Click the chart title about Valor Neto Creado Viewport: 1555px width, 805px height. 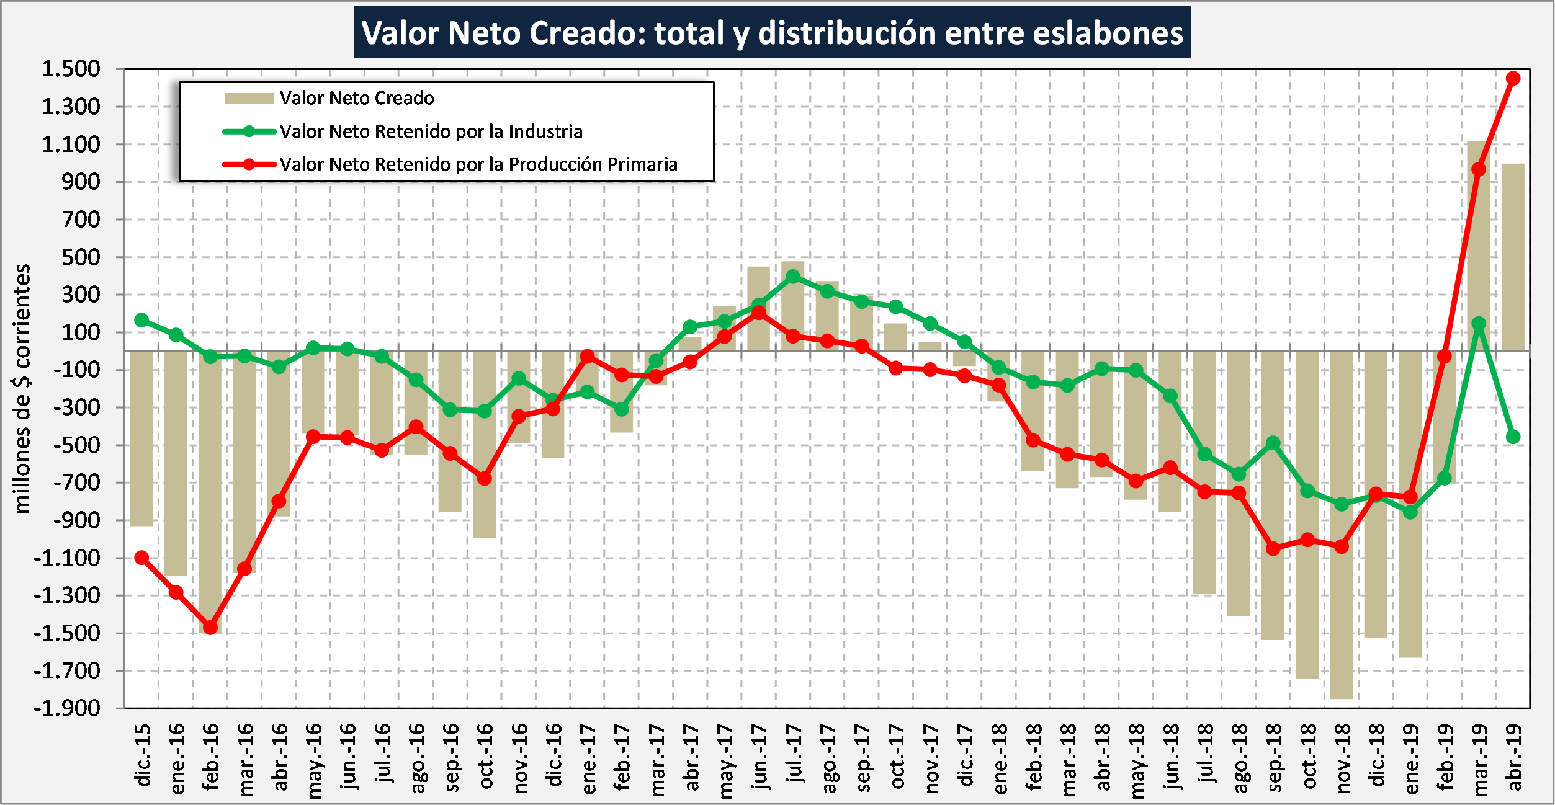coord(772,32)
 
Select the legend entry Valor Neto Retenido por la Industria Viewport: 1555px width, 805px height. coord(431,131)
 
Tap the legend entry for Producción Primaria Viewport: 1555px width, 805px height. coord(478,164)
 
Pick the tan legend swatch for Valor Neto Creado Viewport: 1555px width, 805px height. coord(249,98)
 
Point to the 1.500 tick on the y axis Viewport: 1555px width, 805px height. coord(71,69)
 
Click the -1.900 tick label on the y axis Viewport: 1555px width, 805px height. coord(66,708)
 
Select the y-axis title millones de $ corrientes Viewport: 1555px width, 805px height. coord(22,389)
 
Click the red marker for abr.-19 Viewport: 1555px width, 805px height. coord(1513,78)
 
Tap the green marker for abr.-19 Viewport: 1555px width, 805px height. coord(1513,437)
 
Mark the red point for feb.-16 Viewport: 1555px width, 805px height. coord(210,628)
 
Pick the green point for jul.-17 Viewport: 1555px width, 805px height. coord(793,277)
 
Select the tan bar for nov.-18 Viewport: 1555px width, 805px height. coord(1342,525)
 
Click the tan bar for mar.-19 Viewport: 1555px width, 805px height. coord(1479,246)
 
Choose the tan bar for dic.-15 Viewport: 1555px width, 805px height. coord(141,438)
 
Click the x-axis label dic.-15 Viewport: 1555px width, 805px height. coord(142,754)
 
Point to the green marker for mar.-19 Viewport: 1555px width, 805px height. coord(1479,324)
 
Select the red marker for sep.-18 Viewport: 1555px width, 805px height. coord(1273,548)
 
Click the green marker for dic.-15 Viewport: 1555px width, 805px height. coord(141,320)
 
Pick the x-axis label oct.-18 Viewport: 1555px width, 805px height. coord(1307,755)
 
